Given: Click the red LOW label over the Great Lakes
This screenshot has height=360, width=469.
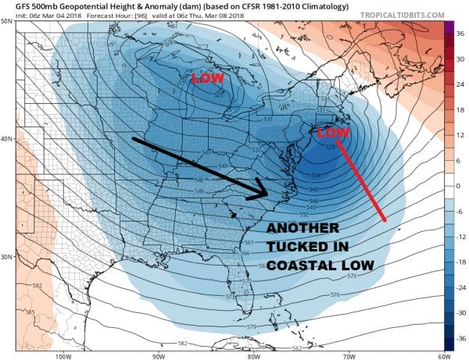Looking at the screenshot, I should [x=208, y=79].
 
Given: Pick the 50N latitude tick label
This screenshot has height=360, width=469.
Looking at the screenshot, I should [x=8, y=22].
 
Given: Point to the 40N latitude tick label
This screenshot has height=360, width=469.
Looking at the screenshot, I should [x=8, y=139].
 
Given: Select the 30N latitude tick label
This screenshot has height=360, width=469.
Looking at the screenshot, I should [x=8, y=257].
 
